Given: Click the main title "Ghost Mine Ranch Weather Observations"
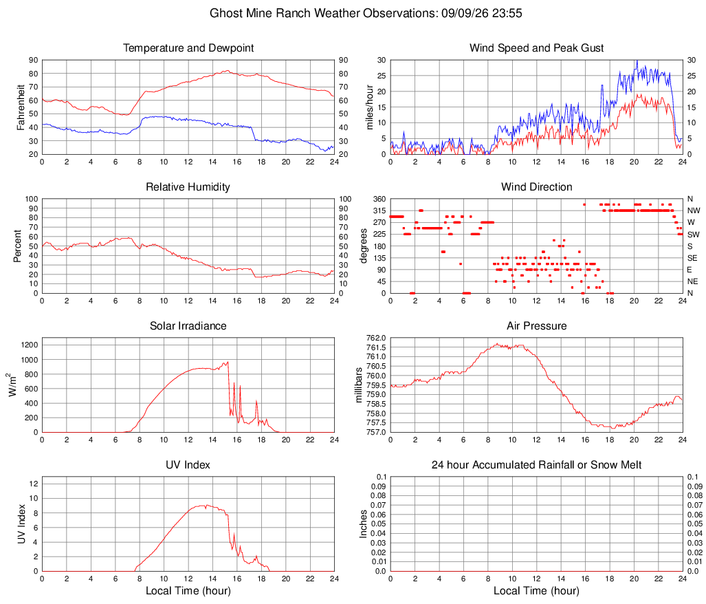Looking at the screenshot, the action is pyautogui.click(x=324, y=13).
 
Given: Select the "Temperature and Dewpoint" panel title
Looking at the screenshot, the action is pyautogui.click(x=188, y=48).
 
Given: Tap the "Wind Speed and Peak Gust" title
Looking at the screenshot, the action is pyautogui.click(x=536, y=48).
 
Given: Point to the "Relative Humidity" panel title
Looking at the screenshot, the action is pyautogui.click(x=188, y=187).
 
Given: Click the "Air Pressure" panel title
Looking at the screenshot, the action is pyautogui.click(x=536, y=325).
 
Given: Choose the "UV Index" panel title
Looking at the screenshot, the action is pyautogui.click(x=188, y=465).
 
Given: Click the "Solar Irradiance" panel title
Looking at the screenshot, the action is pyautogui.click(x=188, y=325).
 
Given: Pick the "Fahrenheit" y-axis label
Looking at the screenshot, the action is pyautogui.click(x=21, y=107).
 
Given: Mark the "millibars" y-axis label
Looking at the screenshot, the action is pyautogui.click(x=359, y=385).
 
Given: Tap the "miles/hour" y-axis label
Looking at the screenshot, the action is pyautogui.click(x=370, y=107).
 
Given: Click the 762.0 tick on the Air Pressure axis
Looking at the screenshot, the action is pyautogui.click(x=376, y=338).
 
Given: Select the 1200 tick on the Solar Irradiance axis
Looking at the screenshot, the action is pyautogui.click(x=30, y=345).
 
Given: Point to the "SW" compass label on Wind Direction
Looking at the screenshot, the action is pyautogui.click(x=693, y=235).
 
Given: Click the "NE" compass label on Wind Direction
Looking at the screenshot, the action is pyautogui.click(x=692, y=281).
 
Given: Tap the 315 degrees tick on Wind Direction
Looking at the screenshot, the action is pyautogui.click(x=379, y=211).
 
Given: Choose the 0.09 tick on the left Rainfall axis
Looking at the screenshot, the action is pyautogui.click(x=378, y=486).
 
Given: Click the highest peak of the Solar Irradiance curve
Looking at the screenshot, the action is pyautogui.click(x=228, y=361).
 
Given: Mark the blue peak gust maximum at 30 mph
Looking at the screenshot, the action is pyautogui.click(x=637, y=61).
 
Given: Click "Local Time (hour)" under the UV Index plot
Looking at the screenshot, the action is pyautogui.click(x=188, y=591).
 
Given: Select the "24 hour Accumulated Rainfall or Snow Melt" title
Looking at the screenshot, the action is pyautogui.click(x=536, y=465).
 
